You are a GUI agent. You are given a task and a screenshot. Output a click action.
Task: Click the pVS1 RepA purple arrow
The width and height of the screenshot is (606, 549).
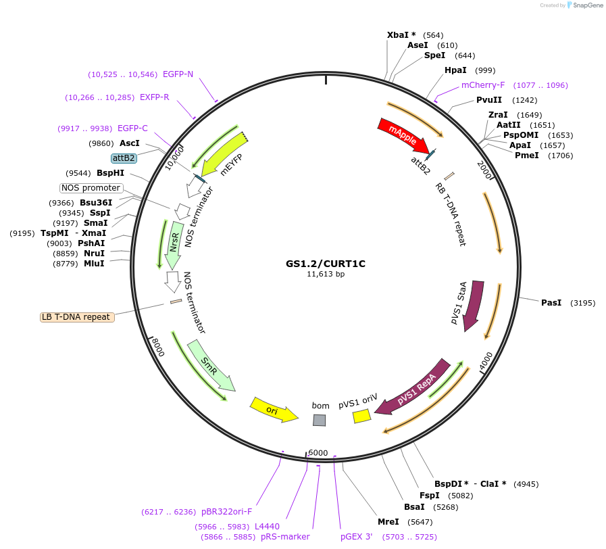[413, 387]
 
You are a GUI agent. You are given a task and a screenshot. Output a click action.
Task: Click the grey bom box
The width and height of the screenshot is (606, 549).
[319, 421]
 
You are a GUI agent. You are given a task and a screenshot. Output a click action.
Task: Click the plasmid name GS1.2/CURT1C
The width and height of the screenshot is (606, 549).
[326, 264]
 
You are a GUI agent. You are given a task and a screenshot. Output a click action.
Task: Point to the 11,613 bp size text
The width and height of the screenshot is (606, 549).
[326, 274]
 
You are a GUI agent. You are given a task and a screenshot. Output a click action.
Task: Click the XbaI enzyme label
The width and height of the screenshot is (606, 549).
[401, 35]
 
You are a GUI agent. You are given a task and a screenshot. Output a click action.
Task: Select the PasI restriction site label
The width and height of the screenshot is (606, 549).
[551, 303]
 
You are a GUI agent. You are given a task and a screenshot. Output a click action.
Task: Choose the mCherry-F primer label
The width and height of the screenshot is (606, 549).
[483, 85]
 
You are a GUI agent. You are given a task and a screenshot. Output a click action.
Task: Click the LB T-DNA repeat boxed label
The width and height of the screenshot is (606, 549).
[77, 316]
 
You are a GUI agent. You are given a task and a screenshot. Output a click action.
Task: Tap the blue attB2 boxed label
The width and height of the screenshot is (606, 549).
[124, 158]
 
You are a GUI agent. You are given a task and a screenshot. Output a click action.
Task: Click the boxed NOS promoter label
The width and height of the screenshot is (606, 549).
[91, 188]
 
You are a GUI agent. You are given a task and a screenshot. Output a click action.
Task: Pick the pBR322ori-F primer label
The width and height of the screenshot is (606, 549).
[227, 512]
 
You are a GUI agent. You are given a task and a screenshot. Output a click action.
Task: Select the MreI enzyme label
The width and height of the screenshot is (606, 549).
[388, 522]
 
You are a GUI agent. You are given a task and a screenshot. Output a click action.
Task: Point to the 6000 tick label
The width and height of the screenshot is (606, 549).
[318, 453]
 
